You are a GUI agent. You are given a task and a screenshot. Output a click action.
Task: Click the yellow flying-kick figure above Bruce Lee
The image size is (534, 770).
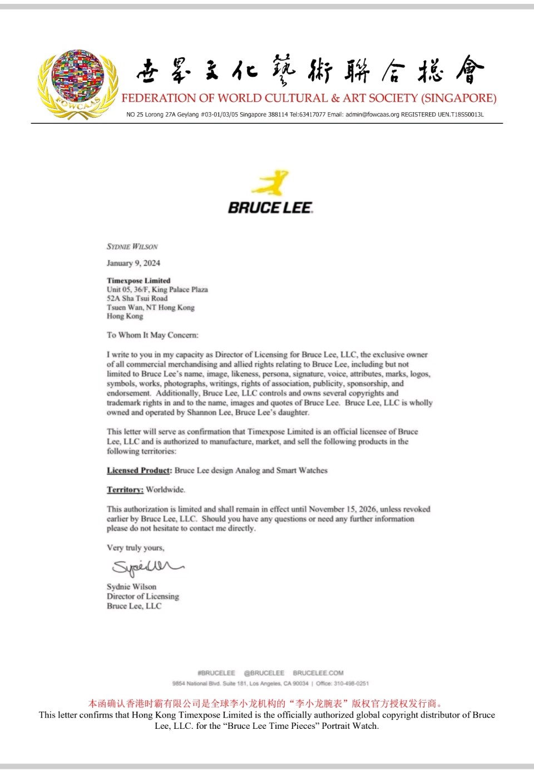pyautogui.click(x=271, y=183)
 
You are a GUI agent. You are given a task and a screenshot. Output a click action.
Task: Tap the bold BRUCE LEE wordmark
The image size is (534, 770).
pyautogui.click(x=270, y=208)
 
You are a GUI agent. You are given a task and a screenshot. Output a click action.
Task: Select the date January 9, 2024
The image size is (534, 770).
pyautogui.click(x=133, y=263)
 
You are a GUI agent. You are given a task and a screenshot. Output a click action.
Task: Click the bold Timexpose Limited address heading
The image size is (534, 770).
pyautogui.click(x=139, y=281)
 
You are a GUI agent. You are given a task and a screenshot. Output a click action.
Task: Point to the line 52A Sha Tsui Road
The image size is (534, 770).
pyautogui.click(x=137, y=299)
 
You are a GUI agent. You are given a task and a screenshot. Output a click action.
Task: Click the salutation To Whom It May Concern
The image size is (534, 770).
pyautogui.click(x=152, y=335)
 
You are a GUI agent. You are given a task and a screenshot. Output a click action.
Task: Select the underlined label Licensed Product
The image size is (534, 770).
pyautogui.click(x=139, y=470)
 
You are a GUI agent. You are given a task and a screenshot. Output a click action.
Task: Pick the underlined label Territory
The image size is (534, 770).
pyautogui.click(x=125, y=490)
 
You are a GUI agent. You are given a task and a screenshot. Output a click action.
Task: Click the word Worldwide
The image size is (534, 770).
pyautogui.click(x=165, y=490)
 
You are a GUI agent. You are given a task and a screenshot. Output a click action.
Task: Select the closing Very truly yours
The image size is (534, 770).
pyautogui.click(x=136, y=548)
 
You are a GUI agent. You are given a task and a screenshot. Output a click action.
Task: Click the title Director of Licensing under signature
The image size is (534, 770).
pyautogui.click(x=143, y=597)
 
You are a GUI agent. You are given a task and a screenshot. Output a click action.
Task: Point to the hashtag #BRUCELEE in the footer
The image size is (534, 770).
pyautogui.click(x=216, y=673)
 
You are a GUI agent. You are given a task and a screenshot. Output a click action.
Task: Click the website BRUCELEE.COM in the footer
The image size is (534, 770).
pyautogui.click(x=318, y=673)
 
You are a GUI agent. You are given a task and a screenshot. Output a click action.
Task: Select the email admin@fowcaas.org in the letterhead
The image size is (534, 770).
pyautogui.click(x=372, y=115)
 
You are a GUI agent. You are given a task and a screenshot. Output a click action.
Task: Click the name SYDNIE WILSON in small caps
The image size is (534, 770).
pyautogui.click(x=132, y=246)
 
